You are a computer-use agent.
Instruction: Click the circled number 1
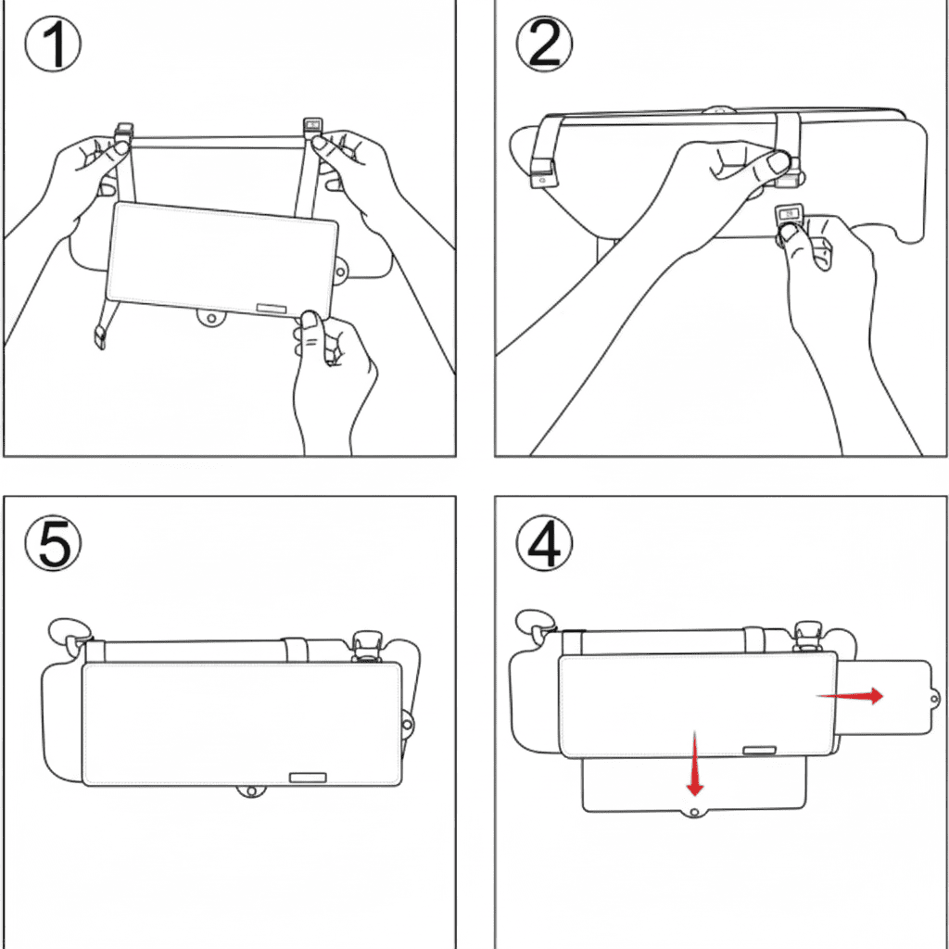click(53, 45)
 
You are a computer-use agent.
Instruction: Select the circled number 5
click(53, 543)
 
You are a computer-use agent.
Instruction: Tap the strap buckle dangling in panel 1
click(100, 336)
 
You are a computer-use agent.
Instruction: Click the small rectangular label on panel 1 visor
click(273, 307)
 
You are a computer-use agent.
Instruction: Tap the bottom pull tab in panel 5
click(248, 791)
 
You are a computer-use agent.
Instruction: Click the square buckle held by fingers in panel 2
click(788, 215)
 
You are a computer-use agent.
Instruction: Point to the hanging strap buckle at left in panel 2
click(541, 171)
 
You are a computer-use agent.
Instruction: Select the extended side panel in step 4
click(885, 695)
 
